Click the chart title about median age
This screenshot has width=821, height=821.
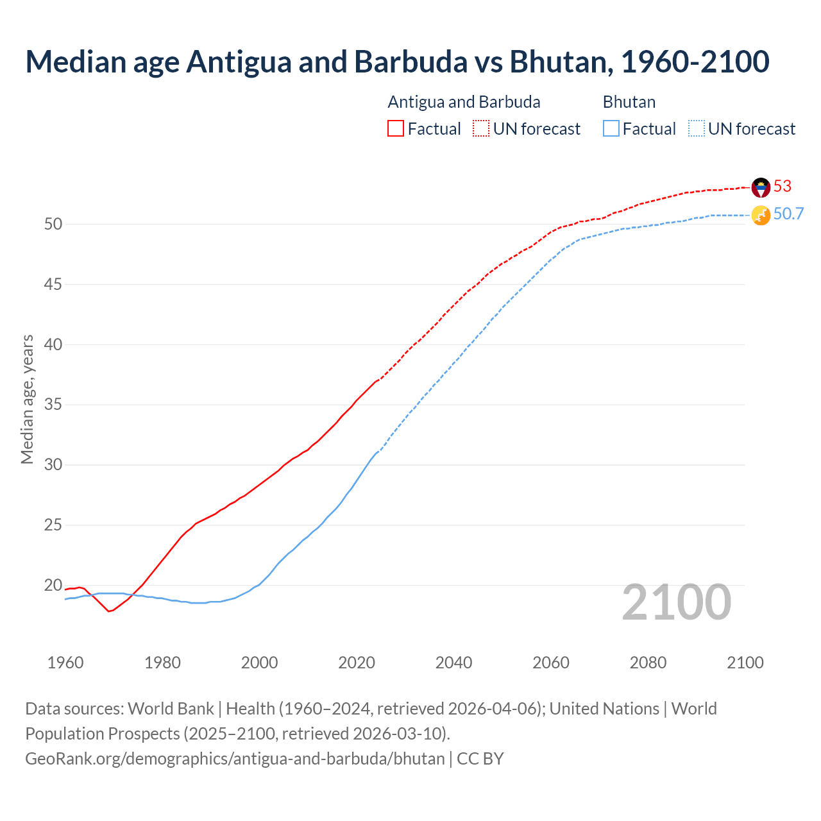click(397, 62)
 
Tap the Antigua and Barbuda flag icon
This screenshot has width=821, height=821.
click(761, 187)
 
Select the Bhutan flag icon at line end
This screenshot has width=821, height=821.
click(761, 216)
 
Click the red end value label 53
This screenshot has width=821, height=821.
click(783, 187)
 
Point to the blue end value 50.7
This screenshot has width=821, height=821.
click(788, 214)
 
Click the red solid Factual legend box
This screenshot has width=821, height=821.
click(396, 129)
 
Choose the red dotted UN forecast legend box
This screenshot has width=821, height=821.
click(481, 129)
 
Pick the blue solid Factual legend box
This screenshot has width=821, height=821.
click(611, 129)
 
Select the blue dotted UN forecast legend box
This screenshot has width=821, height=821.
click(697, 129)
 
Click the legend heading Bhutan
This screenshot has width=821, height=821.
click(629, 102)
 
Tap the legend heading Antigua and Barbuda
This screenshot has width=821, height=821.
click(464, 102)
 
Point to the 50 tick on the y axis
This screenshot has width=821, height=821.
click(53, 224)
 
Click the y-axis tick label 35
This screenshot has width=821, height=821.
click(53, 405)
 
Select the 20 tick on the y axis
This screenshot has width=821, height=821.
click(53, 586)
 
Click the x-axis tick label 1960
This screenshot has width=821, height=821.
click(65, 663)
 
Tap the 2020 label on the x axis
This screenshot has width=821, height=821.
click(357, 663)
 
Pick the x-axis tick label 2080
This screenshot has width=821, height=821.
click(648, 663)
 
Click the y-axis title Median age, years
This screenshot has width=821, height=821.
click(27, 399)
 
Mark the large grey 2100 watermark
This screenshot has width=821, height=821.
click(676, 602)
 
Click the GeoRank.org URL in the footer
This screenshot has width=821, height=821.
click(235, 759)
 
